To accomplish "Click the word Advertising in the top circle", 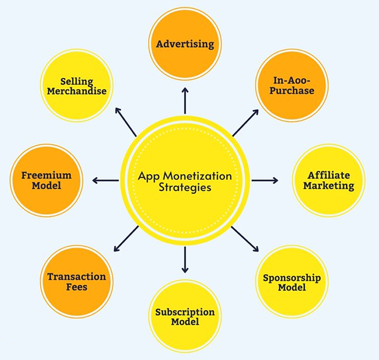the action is pos(185,44).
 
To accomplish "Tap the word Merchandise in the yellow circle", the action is pos(77,91).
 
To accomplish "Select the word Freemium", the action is pos(47,175).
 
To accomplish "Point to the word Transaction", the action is pos(77,277).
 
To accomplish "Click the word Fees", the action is pos(77,287).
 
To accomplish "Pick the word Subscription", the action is pos(185,312).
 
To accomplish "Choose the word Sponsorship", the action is pos(292,278).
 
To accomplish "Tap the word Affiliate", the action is pos(329,175).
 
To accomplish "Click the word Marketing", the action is pos(329,186).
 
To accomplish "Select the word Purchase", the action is pos(292,91).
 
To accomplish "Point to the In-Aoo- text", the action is pos(292,80).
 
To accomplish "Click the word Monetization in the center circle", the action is pos(197,176).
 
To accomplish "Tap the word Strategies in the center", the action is pos(185,188).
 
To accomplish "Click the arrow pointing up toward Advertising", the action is pos(185,101).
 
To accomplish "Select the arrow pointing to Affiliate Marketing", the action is pos(265,180).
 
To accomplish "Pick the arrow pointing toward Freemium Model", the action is pos(105,180).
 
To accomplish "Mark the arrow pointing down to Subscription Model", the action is pos(185,260).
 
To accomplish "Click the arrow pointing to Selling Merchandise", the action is pos(126,122).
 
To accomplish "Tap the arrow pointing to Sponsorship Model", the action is pos(245,239).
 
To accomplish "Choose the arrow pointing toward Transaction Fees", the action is pos(126,239).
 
